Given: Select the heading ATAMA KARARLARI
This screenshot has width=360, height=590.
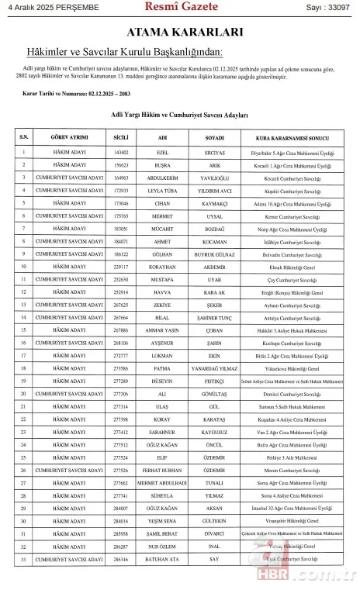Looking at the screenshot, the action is [x=179, y=33].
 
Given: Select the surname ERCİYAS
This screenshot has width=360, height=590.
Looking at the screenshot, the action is [x=215, y=153].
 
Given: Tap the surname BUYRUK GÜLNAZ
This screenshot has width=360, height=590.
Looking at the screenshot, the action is [x=215, y=254].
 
